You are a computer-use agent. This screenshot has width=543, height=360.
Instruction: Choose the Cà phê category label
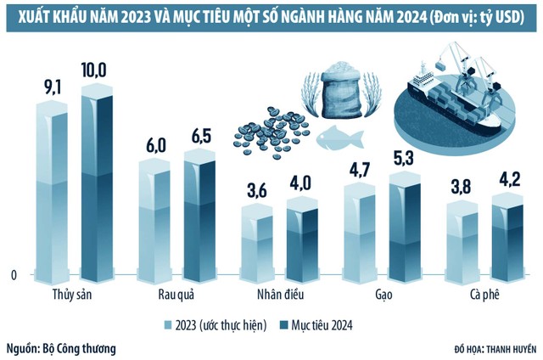(x=487, y=295)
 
